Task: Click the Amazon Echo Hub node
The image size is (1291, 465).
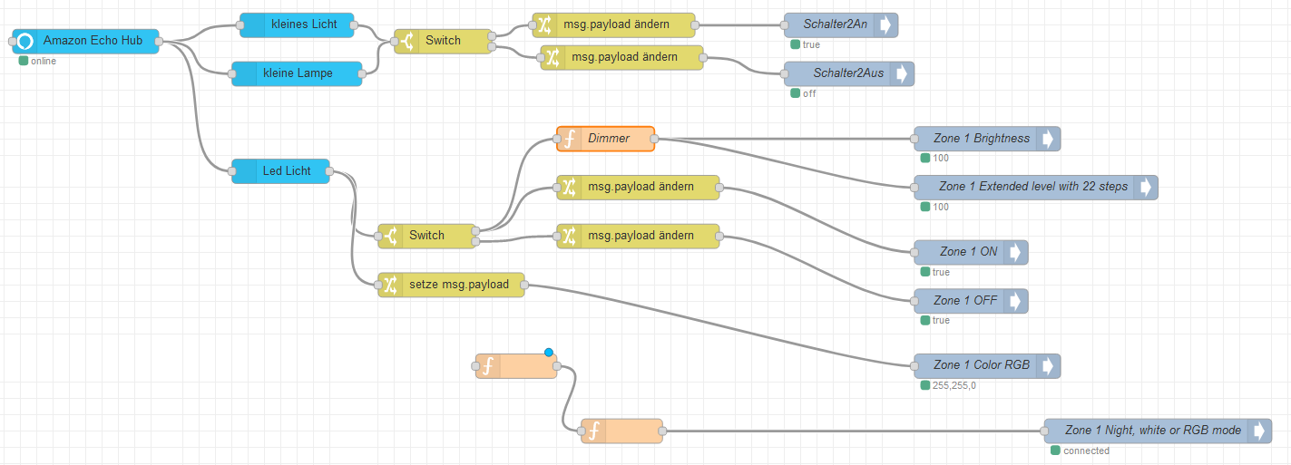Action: click(86, 41)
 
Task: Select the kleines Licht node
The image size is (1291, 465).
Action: click(298, 24)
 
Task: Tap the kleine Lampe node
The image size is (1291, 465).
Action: click(297, 73)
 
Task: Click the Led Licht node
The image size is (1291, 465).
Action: click(281, 170)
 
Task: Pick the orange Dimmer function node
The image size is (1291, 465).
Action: click(606, 139)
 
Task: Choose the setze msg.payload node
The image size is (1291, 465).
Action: click(451, 285)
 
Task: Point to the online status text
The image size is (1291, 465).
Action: click(43, 62)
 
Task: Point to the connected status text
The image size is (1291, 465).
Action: click(1086, 450)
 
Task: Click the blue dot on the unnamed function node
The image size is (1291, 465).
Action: click(549, 353)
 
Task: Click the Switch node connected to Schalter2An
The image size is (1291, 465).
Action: click(444, 41)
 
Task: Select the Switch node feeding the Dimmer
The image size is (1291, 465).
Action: click(427, 236)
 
